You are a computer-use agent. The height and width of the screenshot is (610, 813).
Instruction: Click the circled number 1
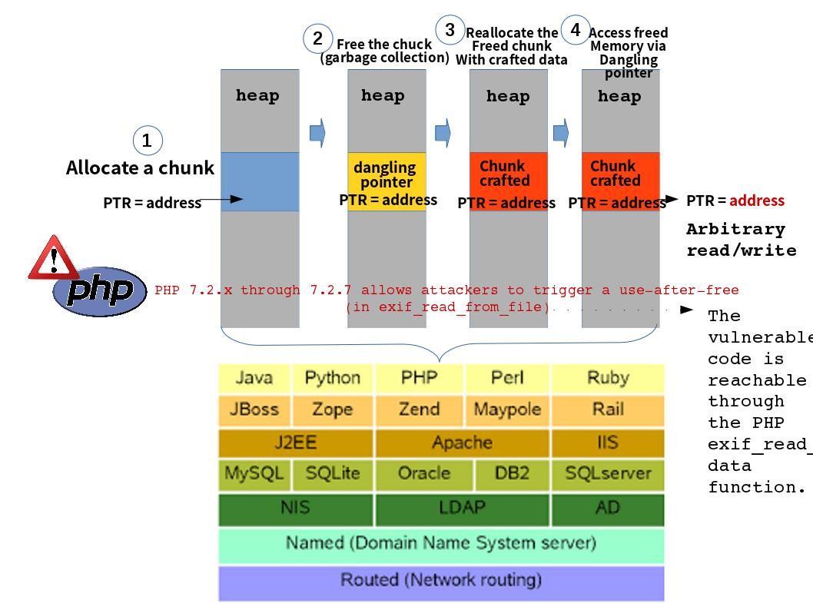click(x=148, y=141)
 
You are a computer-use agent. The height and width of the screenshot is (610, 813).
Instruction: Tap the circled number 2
click(x=317, y=38)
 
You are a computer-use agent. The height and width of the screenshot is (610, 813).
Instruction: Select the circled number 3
click(x=450, y=30)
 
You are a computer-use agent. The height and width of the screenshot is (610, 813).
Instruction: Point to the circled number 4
click(x=576, y=30)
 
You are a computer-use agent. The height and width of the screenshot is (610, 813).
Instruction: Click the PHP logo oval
click(x=100, y=291)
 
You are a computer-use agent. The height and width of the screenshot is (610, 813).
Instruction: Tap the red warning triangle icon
click(x=53, y=258)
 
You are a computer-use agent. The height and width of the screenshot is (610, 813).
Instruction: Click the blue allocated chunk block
click(x=260, y=181)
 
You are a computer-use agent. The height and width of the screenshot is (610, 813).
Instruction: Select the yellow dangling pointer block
click(x=387, y=181)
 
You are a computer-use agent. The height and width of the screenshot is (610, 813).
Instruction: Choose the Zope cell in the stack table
click(x=332, y=409)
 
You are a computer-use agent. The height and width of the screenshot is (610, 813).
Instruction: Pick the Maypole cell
click(x=506, y=409)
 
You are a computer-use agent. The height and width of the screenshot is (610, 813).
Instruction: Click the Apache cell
click(x=462, y=443)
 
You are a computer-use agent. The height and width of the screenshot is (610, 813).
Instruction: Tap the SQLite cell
click(x=332, y=473)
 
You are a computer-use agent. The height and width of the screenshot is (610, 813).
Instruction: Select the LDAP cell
click(x=462, y=508)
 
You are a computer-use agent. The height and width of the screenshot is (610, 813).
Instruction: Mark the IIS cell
click(x=607, y=443)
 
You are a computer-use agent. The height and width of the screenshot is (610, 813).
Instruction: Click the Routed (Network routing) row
click(x=441, y=580)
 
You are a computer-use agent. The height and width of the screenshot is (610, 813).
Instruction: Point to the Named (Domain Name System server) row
click(x=441, y=543)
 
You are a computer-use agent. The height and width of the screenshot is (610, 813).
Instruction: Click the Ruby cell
click(x=607, y=377)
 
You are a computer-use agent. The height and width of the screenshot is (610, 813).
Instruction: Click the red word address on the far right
click(x=757, y=201)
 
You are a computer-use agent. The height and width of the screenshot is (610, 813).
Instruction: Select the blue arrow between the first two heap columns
click(x=317, y=133)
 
